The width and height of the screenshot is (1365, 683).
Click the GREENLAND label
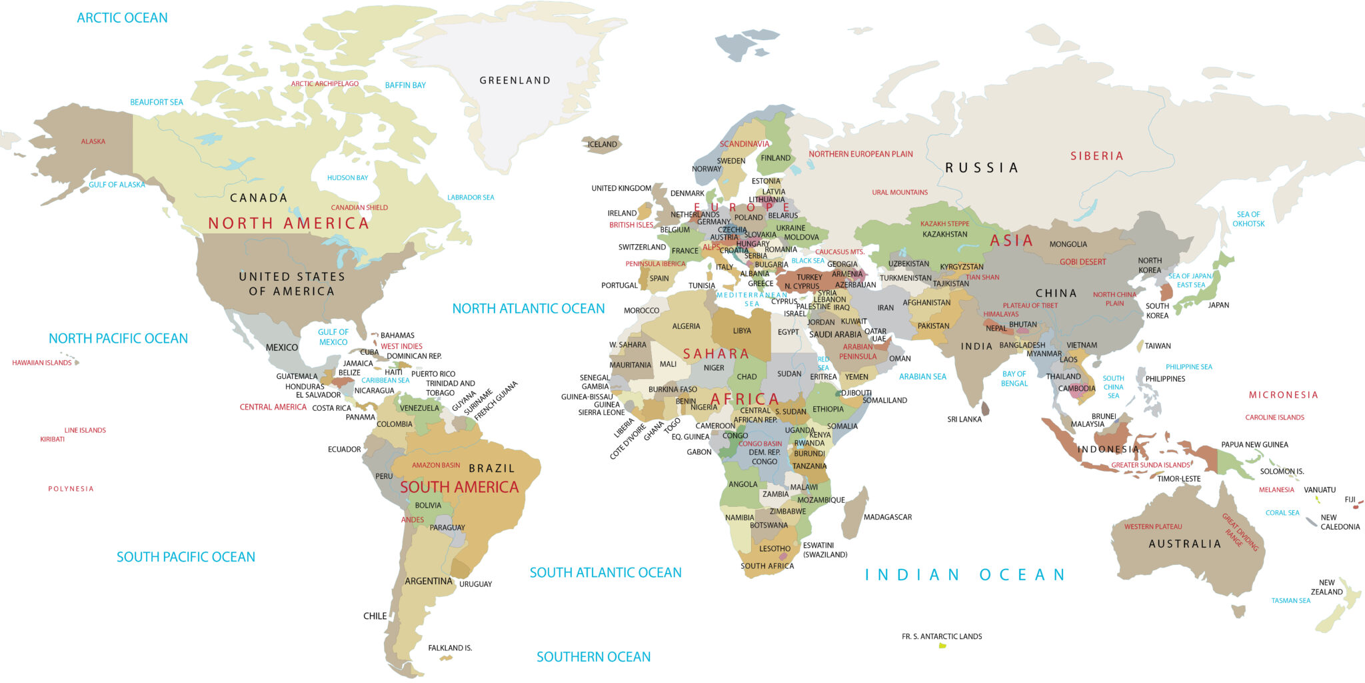pos(515,81)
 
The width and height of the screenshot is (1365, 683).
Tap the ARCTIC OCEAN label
pos(122,18)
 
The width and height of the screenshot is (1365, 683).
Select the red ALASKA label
pos(93,141)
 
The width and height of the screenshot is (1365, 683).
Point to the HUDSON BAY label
pos(347,178)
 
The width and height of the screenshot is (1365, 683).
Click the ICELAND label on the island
pos(602,144)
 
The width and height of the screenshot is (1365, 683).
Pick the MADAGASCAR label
pos(887,517)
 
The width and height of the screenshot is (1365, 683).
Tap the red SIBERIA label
pos(1096,156)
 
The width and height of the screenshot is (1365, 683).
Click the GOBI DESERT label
pos(1082,262)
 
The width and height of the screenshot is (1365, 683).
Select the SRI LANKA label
pos(964,420)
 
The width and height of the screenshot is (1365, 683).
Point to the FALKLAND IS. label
pos(450,648)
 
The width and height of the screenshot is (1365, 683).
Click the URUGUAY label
pos(475,584)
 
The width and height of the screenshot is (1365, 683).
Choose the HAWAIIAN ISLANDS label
pos(41,363)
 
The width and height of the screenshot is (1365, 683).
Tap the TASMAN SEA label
pos(1290,601)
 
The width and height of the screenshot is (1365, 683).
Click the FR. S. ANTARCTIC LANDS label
pos(941,636)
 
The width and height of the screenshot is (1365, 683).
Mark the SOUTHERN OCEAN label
pos(593,657)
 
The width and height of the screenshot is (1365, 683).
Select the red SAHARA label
pos(715,354)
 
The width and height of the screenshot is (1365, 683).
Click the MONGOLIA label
pos(1068,245)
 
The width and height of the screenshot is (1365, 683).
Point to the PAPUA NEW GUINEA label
pos(1254,445)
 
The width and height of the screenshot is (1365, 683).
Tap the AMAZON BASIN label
pos(436,466)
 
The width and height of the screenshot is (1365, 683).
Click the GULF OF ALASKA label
pos(117,185)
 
